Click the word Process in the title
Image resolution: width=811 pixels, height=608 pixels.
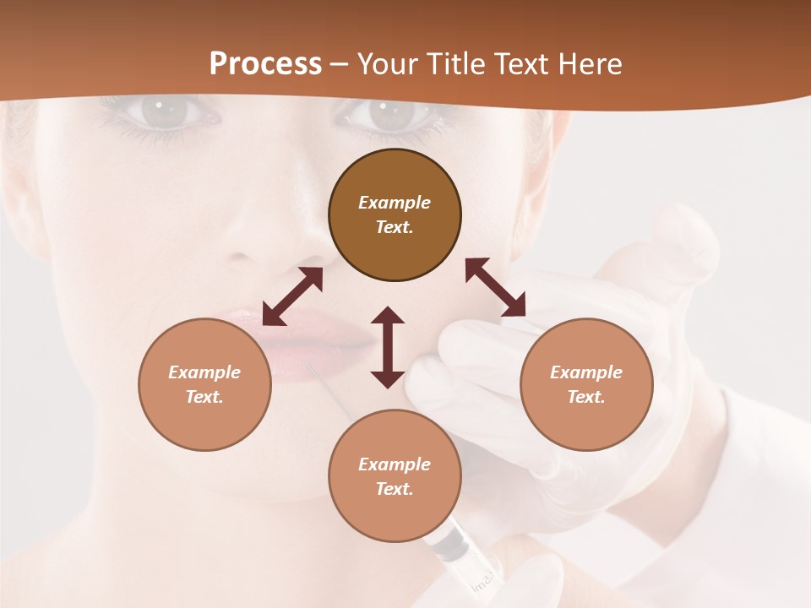(265, 64)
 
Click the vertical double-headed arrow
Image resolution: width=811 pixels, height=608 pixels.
(388, 347)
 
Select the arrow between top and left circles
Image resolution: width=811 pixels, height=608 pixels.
(292, 296)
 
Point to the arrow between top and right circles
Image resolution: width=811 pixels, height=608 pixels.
(495, 287)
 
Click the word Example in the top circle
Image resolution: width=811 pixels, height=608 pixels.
(395, 203)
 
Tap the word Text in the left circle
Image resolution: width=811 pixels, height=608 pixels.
(204, 397)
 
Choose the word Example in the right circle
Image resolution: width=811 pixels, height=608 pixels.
(586, 372)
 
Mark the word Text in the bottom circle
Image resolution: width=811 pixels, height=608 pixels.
(395, 489)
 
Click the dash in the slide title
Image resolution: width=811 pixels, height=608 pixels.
(340, 65)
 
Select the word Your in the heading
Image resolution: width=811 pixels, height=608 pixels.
(386, 64)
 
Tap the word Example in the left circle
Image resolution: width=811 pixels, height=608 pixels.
(204, 372)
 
